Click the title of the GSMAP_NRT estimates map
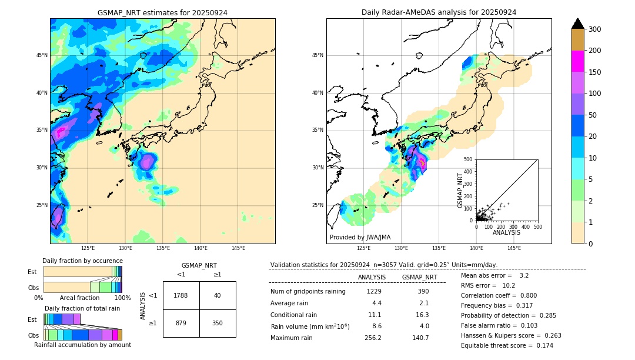coord(162,12)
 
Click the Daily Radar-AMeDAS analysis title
coord(439,12)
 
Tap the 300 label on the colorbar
coord(595,29)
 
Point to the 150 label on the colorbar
coord(595,72)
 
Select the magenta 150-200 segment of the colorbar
coord(577,61)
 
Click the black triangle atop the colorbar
coord(577,24)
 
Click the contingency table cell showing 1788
coord(181,295)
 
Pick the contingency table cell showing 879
coord(181,323)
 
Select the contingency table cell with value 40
coord(218,295)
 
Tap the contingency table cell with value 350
coord(218,323)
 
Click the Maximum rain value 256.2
coord(373,338)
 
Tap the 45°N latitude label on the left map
coord(42,55)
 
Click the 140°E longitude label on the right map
coord(476,248)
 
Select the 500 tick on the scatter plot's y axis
coord(468,159)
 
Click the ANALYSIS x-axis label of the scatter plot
coord(506,232)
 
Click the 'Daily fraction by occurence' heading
coord(82,261)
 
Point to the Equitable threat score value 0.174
coord(544,345)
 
